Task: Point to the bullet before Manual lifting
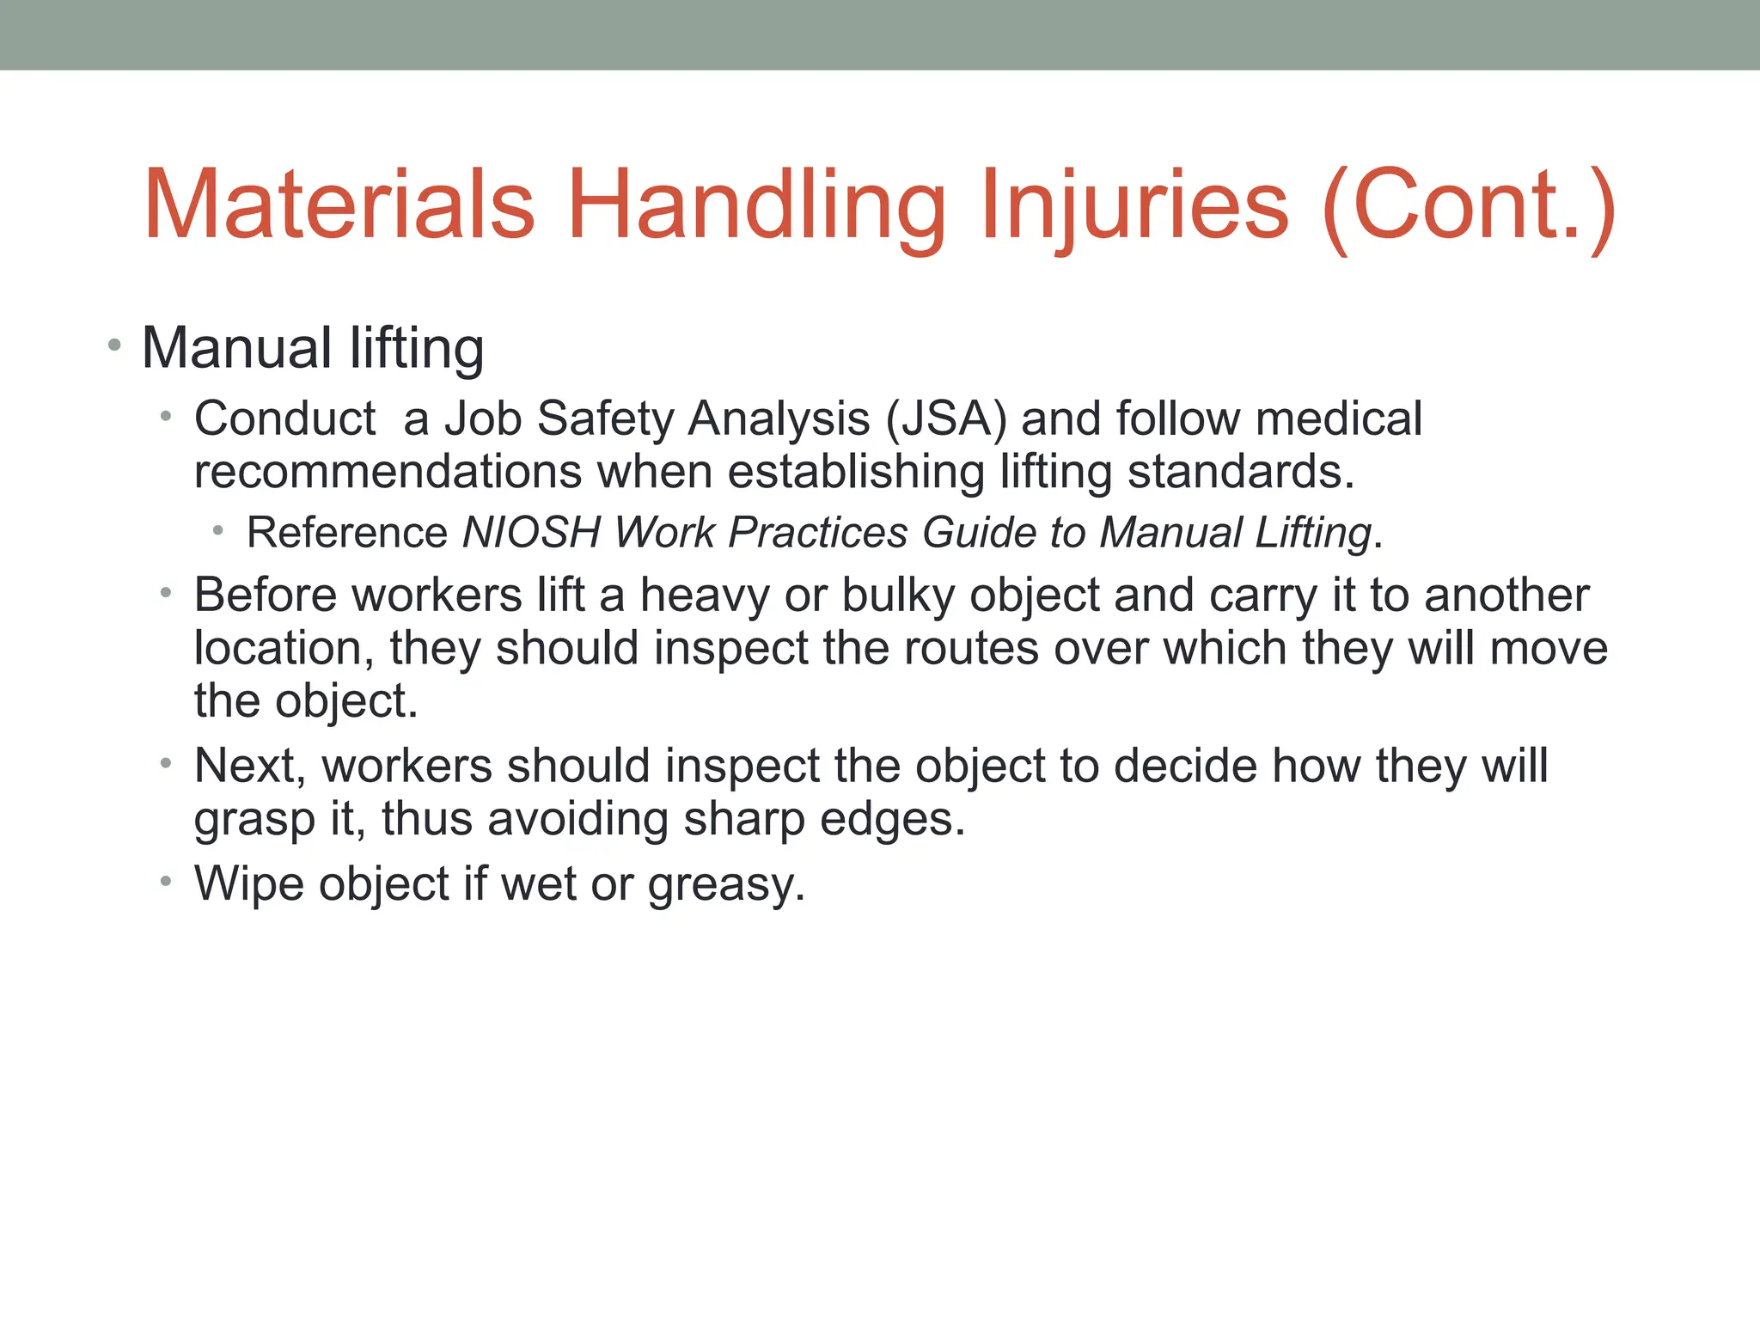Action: pos(114,346)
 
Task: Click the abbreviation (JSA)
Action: pos(945,419)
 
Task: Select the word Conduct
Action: pos(284,419)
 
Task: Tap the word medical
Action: pos(1338,419)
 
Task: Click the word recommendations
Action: pos(388,472)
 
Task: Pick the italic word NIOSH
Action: pos(531,532)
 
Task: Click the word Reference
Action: pos(346,532)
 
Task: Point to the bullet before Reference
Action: pos(218,532)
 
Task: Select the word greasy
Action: pos(726,885)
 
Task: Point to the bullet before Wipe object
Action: pos(166,882)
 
